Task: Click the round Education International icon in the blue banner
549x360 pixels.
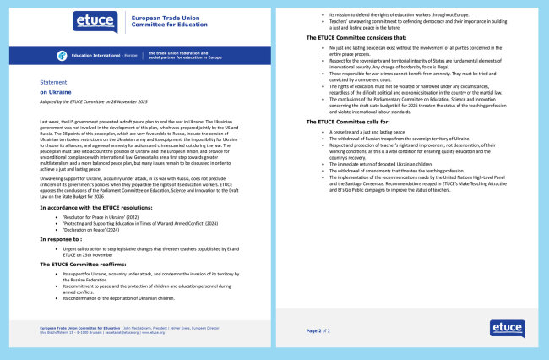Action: [x=62, y=55]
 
